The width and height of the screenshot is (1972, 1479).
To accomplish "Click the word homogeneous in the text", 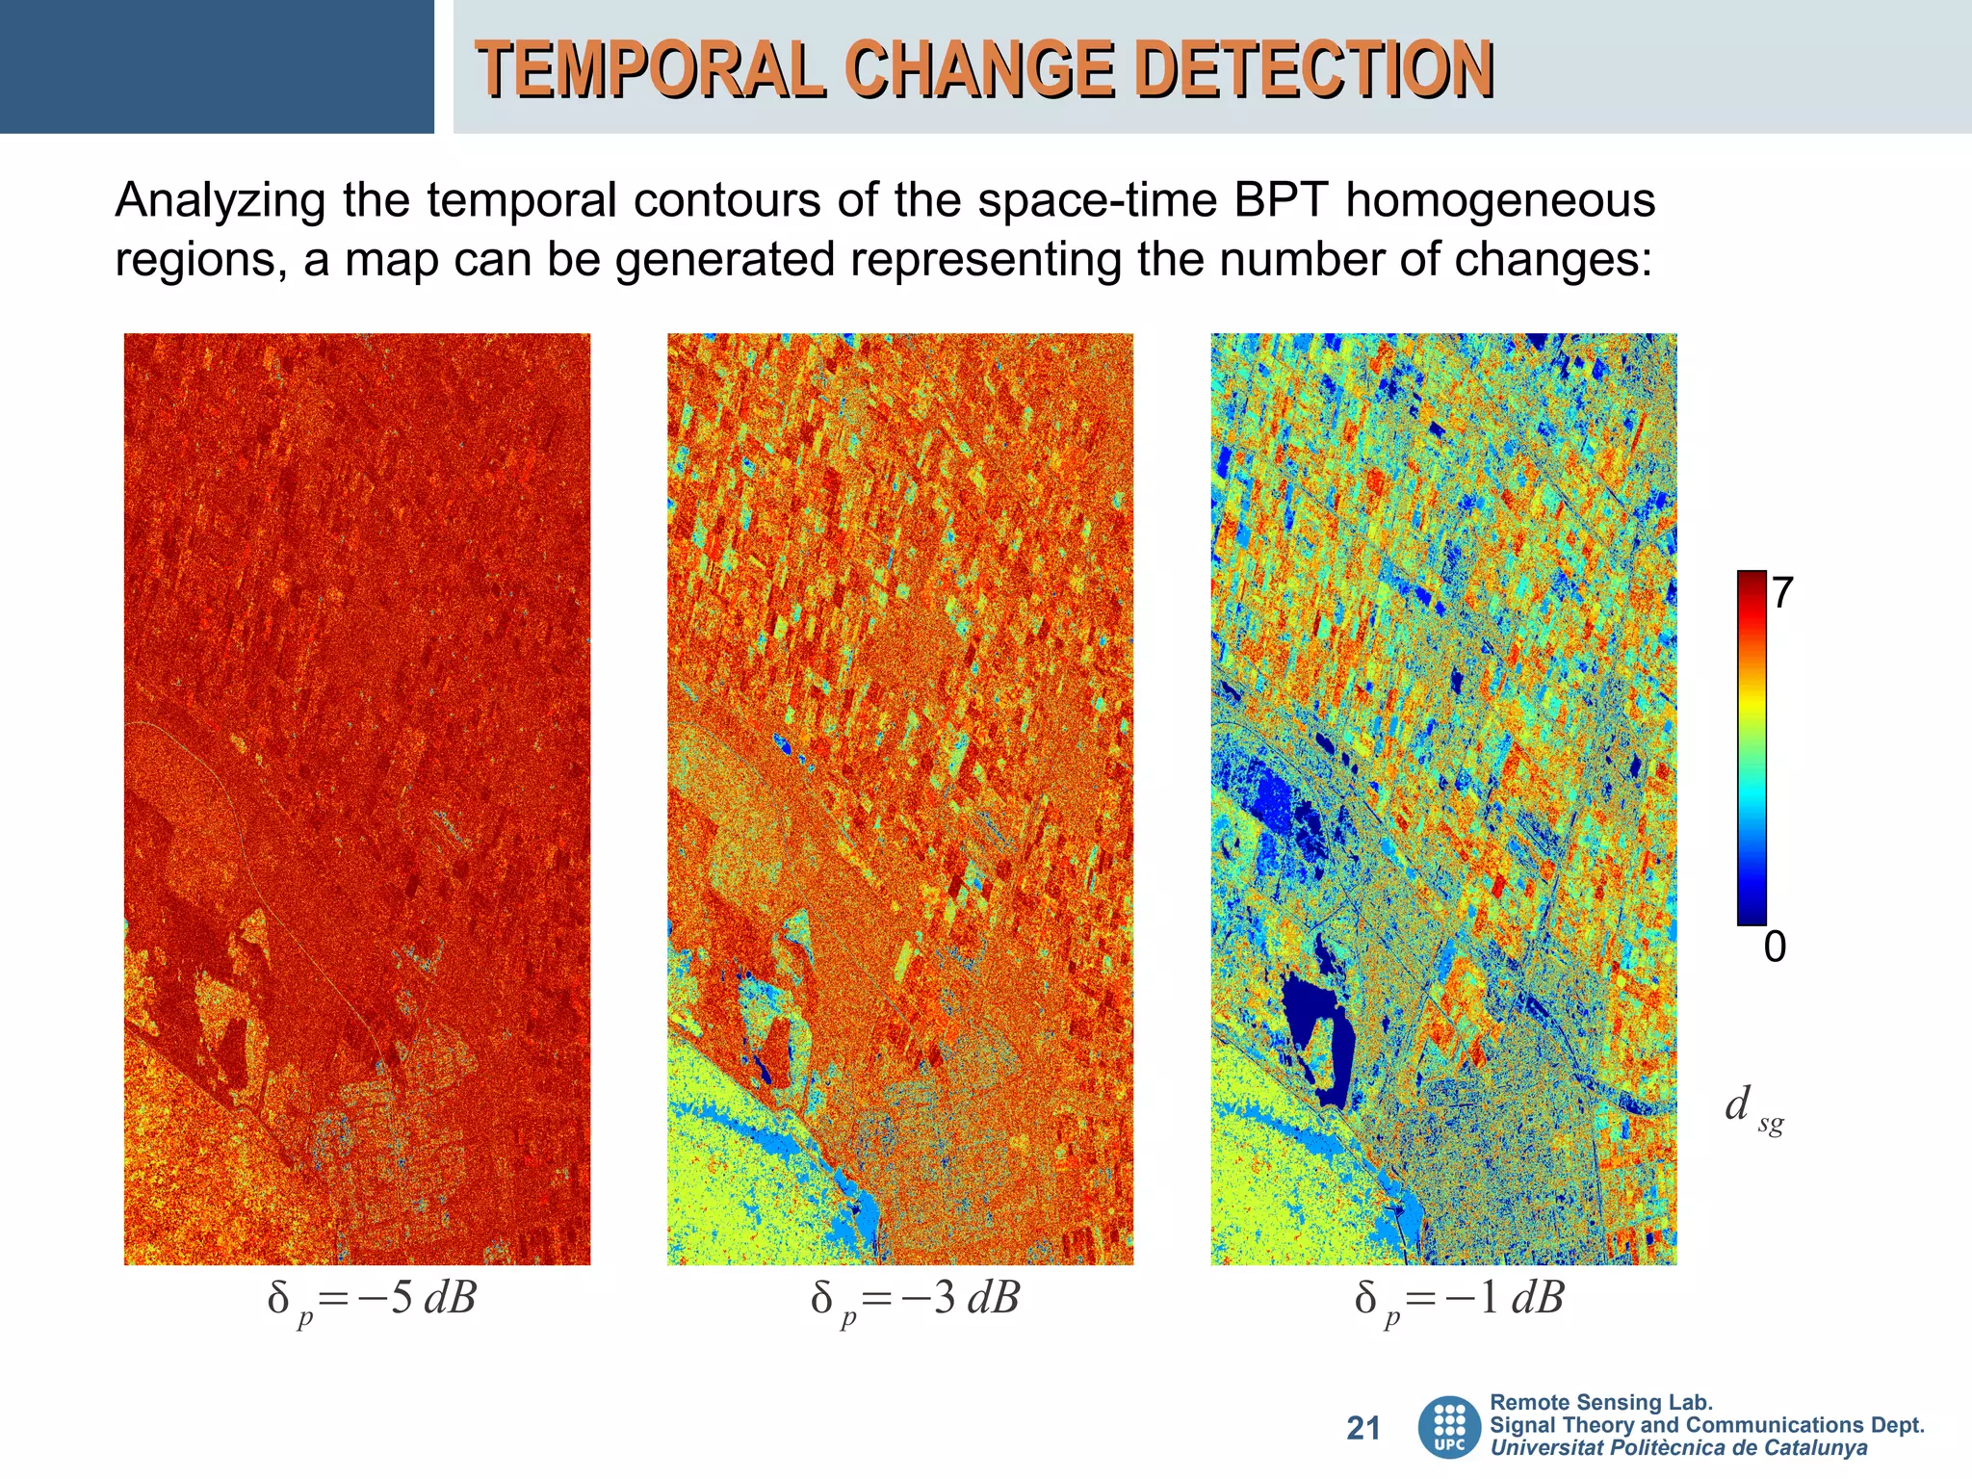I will [x=1499, y=201].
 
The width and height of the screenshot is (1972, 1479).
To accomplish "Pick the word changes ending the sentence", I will [x=1551, y=259].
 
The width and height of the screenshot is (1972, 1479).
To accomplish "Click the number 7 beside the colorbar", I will [x=1781, y=593].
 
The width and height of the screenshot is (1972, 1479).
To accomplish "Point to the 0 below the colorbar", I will [x=1775, y=947].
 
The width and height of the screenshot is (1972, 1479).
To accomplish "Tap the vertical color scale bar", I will [x=1751, y=748].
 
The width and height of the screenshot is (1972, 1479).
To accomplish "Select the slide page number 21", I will [x=1362, y=1428].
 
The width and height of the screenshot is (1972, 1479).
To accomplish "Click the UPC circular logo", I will [x=1449, y=1427].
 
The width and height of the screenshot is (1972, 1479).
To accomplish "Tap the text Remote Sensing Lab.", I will [x=1600, y=1403].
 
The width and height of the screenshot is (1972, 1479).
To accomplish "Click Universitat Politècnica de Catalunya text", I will [x=1678, y=1448].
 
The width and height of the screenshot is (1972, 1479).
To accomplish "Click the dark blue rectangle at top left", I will [x=217, y=66].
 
